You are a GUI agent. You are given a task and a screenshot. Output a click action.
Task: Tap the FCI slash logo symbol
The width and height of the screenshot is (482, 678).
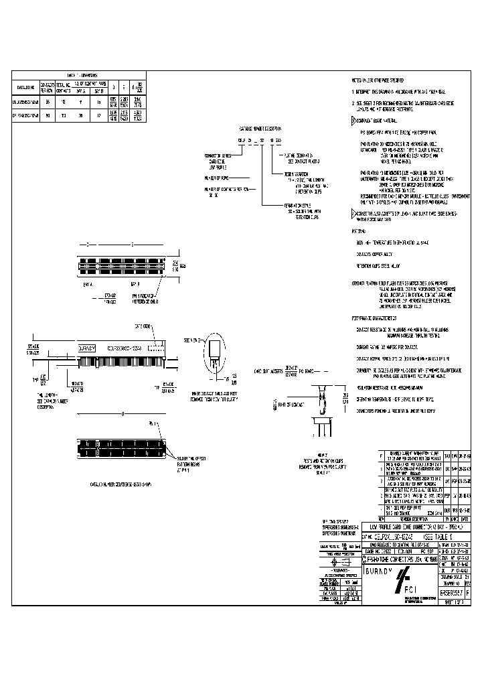[404, 577]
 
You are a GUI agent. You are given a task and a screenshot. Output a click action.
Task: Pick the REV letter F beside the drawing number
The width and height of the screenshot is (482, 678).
[467, 594]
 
